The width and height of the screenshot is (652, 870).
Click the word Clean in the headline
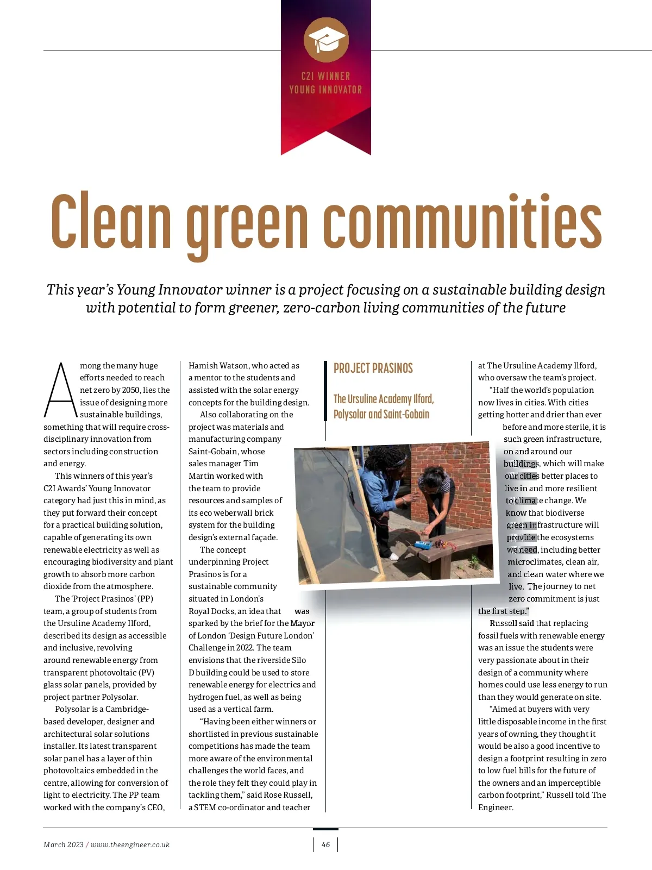pos(111,220)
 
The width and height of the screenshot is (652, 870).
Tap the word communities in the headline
pos(462,220)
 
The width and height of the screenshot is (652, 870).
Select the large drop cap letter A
pos(60,390)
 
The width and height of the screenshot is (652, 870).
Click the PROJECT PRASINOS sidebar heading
pos(373,368)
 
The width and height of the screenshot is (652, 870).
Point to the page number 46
pos(325,844)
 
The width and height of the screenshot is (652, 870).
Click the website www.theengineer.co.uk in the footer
pos(130,844)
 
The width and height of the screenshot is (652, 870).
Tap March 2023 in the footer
pos(64,844)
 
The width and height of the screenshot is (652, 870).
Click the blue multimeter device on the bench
pos(423,544)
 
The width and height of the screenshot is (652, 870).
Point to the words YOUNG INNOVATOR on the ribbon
pos(325,90)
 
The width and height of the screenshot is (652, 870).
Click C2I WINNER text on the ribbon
pos(325,76)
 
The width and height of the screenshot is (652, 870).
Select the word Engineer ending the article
pos(494,808)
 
